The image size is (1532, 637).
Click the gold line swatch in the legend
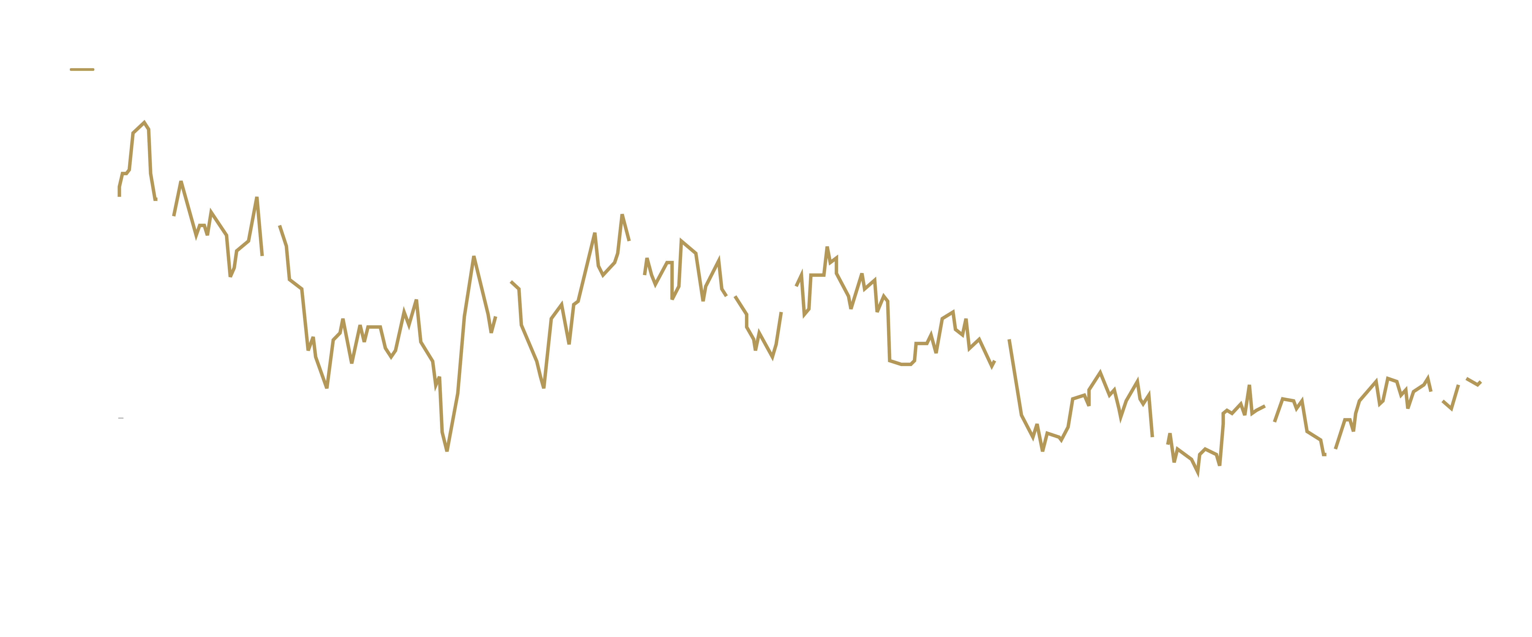pyautogui.click(x=82, y=69)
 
